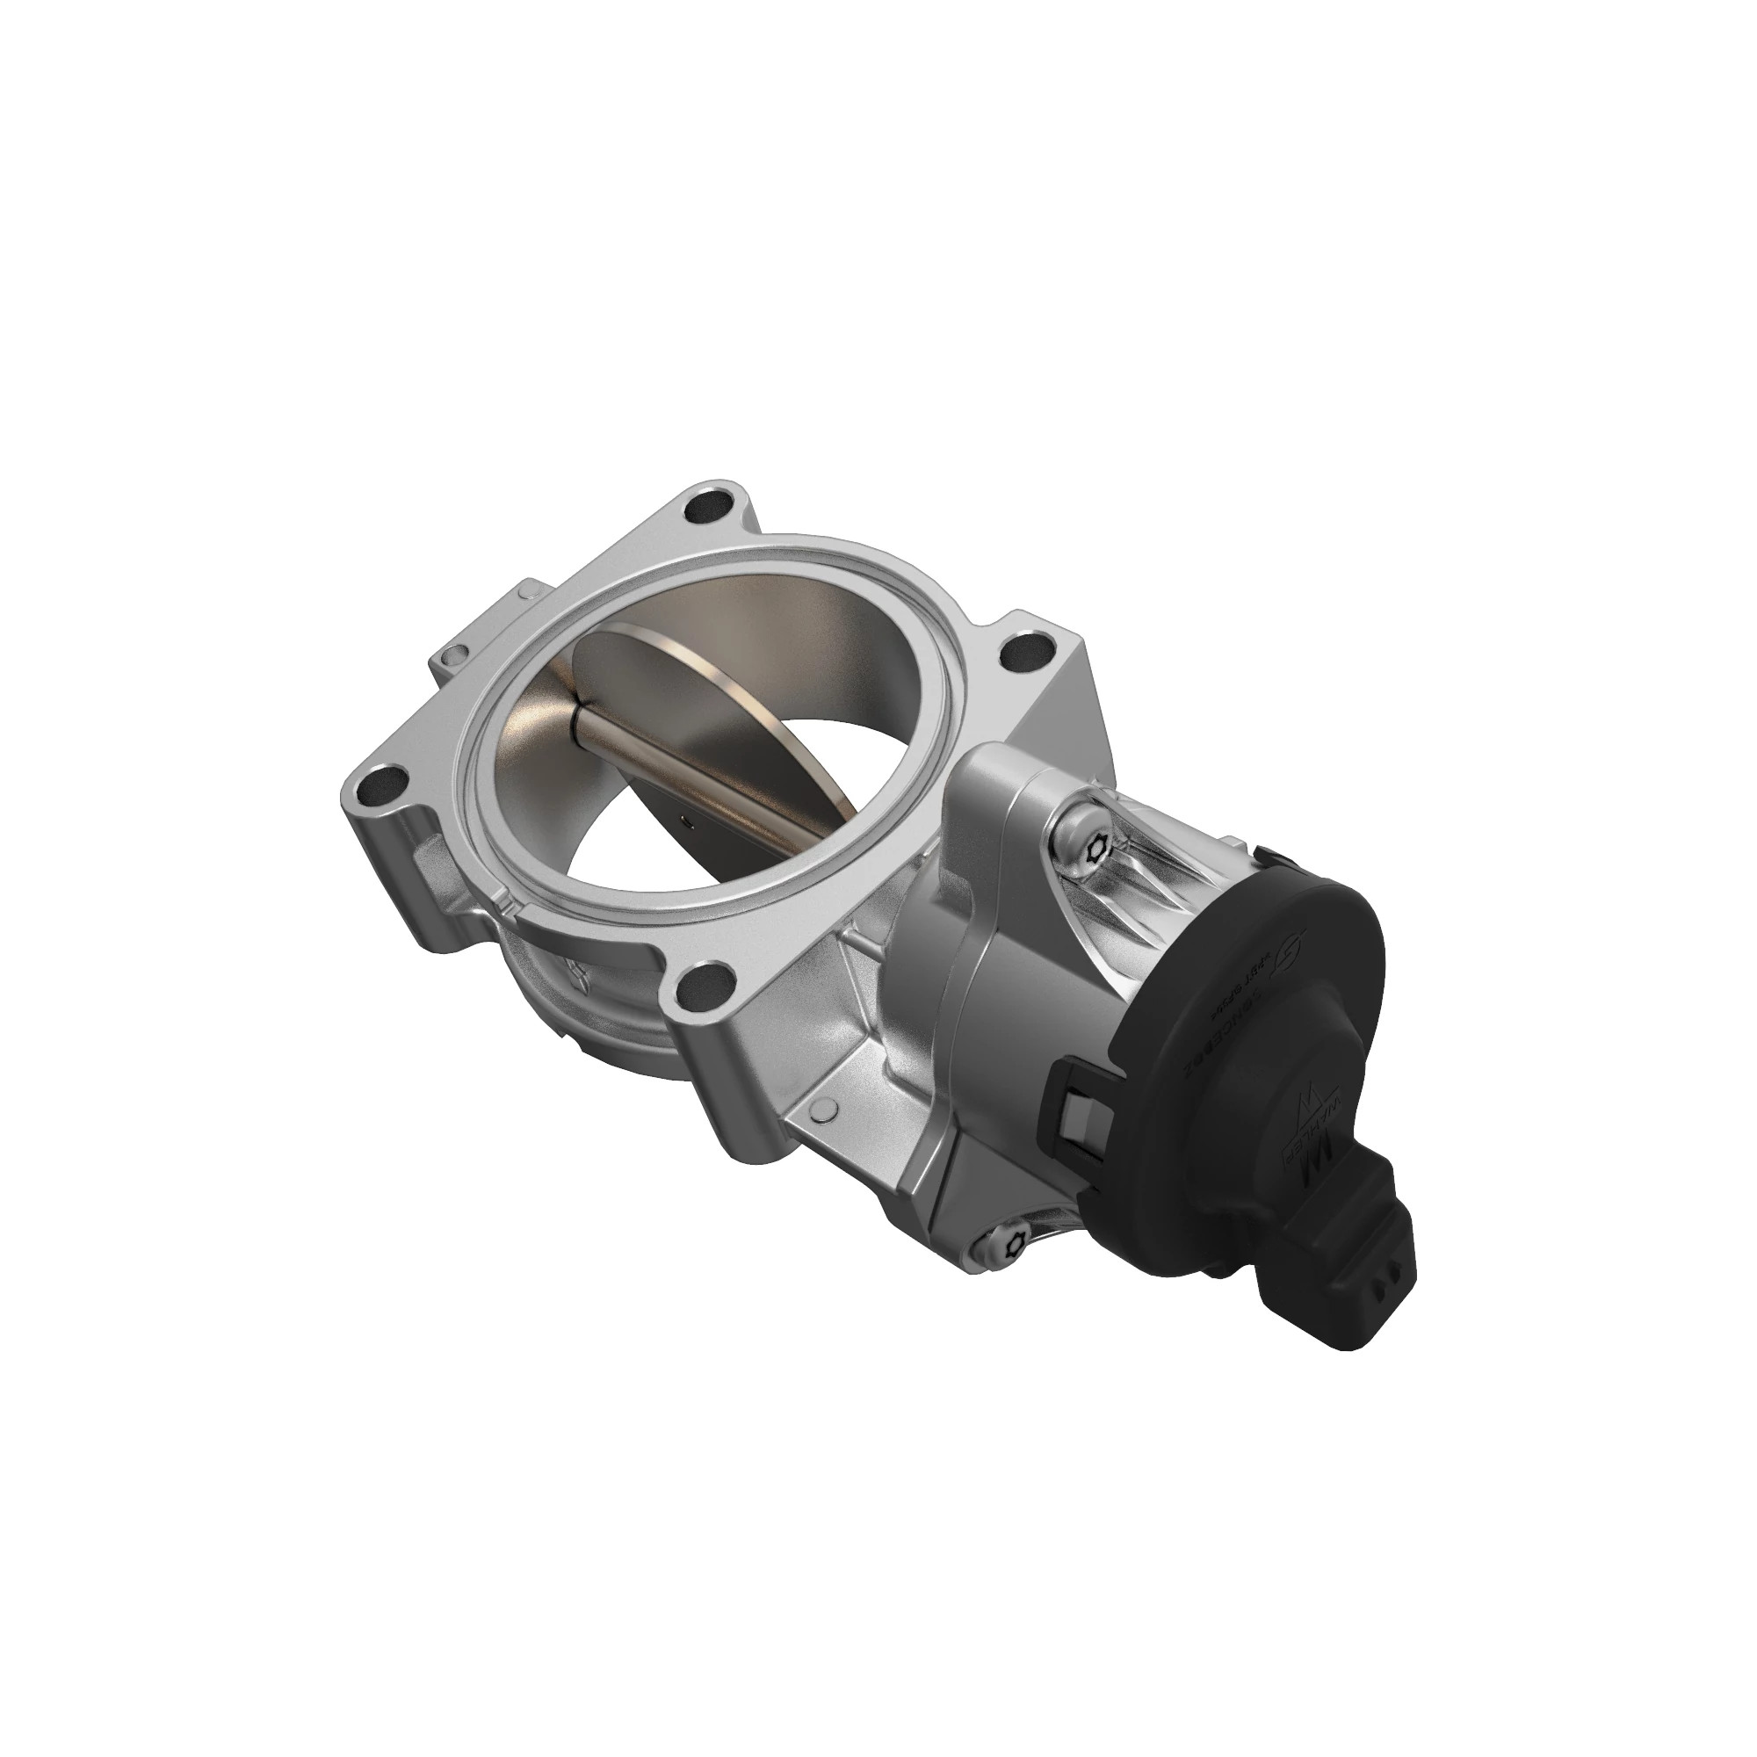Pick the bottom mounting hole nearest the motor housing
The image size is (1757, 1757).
(x=705, y=984)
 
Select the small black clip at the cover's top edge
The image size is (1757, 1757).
(x=1269, y=856)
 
